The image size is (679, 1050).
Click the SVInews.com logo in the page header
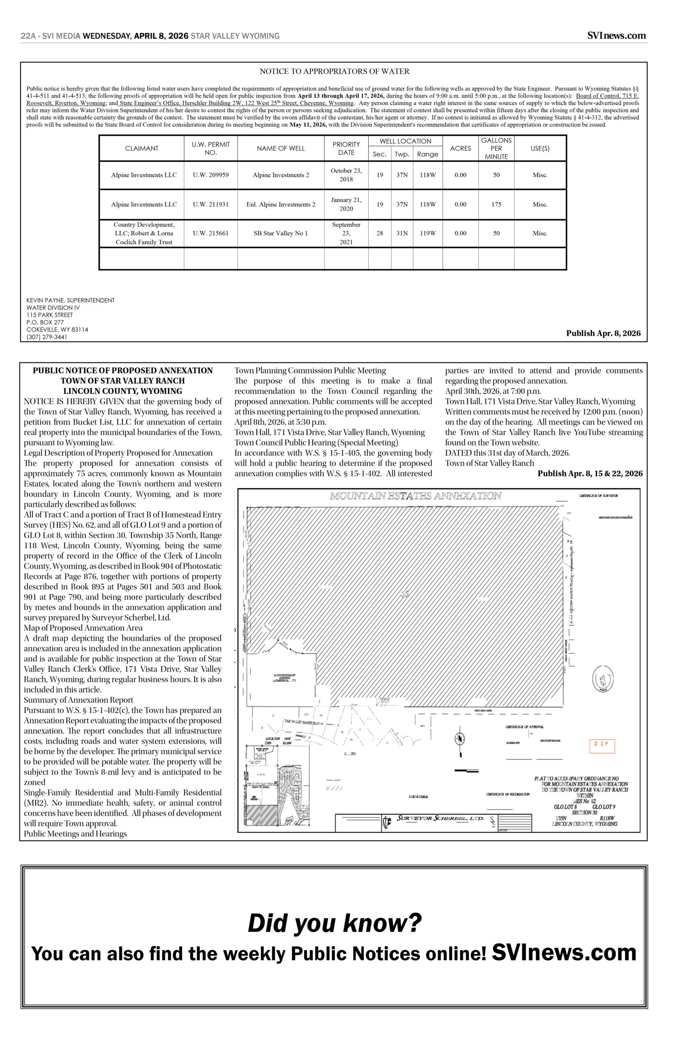(616, 36)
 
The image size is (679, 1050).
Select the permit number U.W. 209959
(211, 175)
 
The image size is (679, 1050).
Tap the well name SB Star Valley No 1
(280, 233)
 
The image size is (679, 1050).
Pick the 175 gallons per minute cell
(496, 205)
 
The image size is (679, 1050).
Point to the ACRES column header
(460, 148)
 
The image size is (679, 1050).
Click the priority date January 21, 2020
(346, 204)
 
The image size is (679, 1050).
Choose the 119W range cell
(427, 233)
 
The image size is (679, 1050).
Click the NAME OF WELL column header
(280, 148)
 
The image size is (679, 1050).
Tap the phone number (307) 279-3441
(47, 337)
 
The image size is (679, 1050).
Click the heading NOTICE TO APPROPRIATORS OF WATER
(334, 71)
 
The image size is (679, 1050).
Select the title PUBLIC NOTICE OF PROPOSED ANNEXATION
(123, 370)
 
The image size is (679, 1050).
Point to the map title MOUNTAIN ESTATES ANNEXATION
(415, 496)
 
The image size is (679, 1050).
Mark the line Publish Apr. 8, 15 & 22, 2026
(590, 474)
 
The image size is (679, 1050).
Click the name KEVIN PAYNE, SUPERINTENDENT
(71, 300)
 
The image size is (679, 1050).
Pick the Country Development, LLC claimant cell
(144, 233)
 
